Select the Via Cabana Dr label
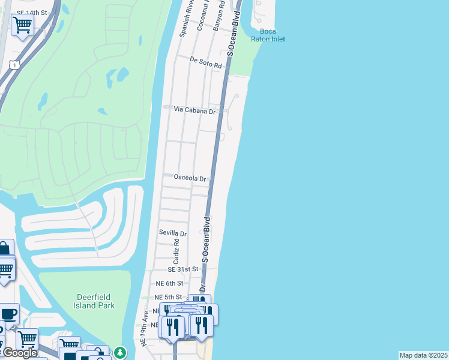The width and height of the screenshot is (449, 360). click(x=194, y=110)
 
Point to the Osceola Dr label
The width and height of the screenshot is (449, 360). click(x=190, y=178)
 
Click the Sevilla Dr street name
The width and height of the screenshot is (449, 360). click(x=173, y=233)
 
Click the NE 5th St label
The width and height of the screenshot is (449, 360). click(x=169, y=297)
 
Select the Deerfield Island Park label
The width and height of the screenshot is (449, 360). click(x=95, y=301)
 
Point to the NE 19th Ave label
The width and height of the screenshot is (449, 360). click(x=143, y=329)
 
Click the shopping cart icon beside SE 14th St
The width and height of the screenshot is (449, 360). click(x=22, y=25)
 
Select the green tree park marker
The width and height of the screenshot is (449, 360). click(x=121, y=352)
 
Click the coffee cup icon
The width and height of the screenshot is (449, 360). click(x=9, y=314)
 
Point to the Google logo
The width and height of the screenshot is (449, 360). click(x=19, y=353)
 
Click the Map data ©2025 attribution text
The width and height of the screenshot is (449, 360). click(x=423, y=355)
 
